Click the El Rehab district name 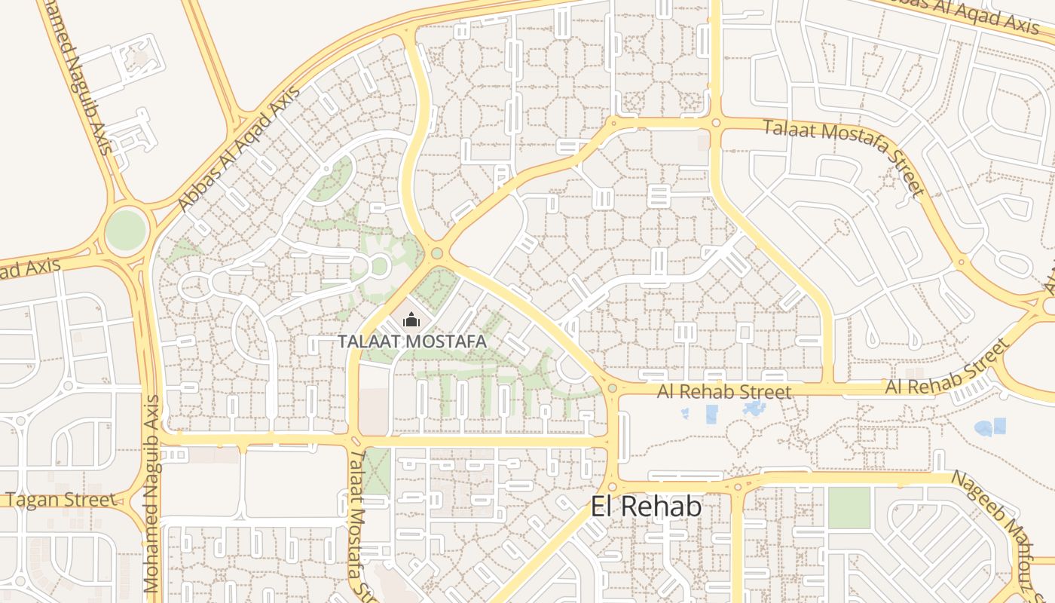[646, 507]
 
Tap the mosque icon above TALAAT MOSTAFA [411, 320]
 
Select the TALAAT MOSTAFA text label [411, 341]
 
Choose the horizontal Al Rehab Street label [724, 391]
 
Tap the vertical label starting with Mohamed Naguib [151, 493]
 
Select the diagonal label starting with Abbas [238, 150]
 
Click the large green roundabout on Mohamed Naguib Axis [125, 231]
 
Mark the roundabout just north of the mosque [436, 253]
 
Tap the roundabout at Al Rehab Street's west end [612, 389]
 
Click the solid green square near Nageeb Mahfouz [849, 507]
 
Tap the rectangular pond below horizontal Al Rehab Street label [711, 414]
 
